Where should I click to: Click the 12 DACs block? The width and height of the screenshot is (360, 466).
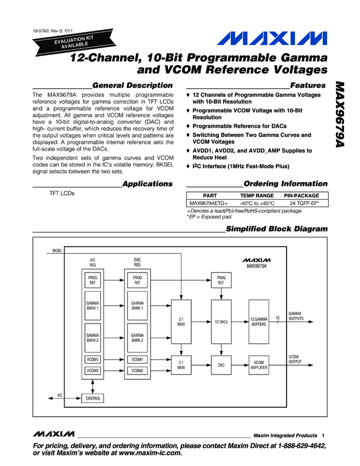point(221,321)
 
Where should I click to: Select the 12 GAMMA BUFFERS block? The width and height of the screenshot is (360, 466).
point(258,321)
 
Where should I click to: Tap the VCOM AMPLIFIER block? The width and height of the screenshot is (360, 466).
point(258,365)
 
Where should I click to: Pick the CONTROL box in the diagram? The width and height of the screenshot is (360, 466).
point(92,399)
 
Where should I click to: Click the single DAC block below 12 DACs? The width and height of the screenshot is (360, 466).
point(221,365)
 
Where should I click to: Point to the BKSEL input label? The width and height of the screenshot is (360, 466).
point(57,251)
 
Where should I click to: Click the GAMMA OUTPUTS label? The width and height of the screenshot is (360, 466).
point(296,316)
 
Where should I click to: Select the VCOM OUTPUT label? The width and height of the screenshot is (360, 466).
point(296,359)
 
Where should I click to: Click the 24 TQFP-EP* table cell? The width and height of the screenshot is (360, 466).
point(305,203)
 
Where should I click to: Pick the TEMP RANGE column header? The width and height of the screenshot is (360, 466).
point(256,195)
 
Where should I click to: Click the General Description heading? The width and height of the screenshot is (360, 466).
point(132,86)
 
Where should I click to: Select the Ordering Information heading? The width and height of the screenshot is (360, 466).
point(285,184)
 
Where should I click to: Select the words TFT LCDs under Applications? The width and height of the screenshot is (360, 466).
point(62,194)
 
